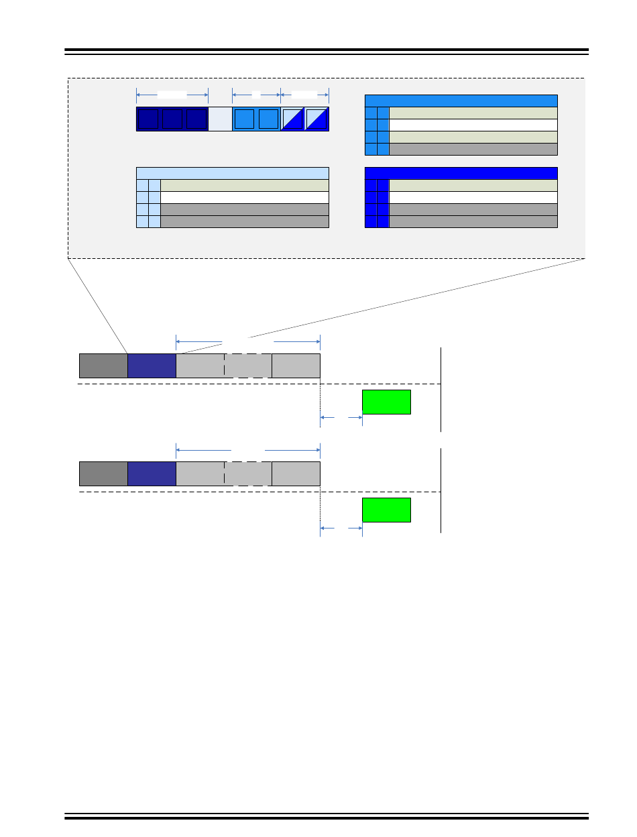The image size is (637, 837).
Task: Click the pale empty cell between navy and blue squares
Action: [x=220, y=119]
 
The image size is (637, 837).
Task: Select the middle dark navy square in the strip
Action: [x=174, y=119]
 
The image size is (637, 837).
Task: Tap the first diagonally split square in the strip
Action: [x=292, y=119]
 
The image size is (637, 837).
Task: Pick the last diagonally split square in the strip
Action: [x=316, y=119]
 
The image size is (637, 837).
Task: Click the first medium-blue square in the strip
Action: [x=244, y=119]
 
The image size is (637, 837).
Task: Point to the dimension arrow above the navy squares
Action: [x=172, y=94]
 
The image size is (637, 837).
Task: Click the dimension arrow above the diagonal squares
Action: [x=304, y=94]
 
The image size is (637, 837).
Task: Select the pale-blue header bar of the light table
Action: [x=232, y=173]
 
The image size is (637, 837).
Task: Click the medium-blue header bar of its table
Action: [x=461, y=101]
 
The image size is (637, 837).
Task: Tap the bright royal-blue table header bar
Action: [x=461, y=173]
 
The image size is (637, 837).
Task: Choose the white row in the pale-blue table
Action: [x=245, y=197]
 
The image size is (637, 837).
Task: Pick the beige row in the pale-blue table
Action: [x=245, y=185]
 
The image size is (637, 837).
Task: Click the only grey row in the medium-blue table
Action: [x=473, y=149]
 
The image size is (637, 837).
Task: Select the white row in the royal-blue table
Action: [x=473, y=197]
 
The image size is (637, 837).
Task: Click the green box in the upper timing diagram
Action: [x=386, y=402]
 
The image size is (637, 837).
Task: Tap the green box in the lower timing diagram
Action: [x=386, y=510]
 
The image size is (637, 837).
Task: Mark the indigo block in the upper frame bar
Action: [x=152, y=366]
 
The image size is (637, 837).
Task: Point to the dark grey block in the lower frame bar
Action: [x=103, y=473]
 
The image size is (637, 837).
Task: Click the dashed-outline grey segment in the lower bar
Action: [x=248, y=473]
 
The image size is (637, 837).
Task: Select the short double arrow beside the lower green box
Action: [x=341, y=528]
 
